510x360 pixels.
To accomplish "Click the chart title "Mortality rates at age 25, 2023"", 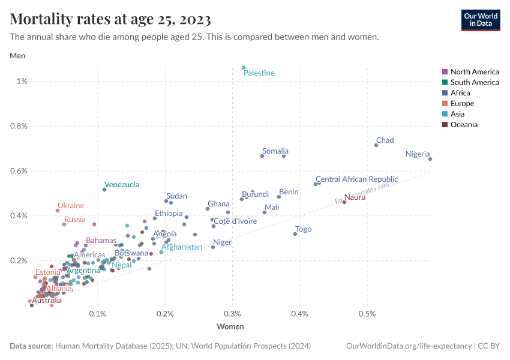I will (x=110, y=20).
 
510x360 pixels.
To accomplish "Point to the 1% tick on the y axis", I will (x=22, y=81).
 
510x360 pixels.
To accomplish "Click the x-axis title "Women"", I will (x=230, y=327).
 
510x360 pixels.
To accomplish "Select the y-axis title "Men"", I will (x=17, y=56).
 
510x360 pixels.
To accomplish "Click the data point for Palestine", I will (x=244, y=68).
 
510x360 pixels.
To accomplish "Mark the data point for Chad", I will (x=376, y=145).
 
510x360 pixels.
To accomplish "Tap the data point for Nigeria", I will (x=430, y=159).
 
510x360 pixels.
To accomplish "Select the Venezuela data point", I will (x=104, y=190).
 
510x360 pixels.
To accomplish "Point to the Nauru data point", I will (x=344, y=202).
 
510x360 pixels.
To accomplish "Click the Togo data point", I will (x=295, y=234).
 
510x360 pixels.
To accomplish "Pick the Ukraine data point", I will (x=58, y=211).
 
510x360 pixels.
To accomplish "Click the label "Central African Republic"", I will (x=356, y=179).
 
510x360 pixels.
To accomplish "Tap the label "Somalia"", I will (x=275, y=151).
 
